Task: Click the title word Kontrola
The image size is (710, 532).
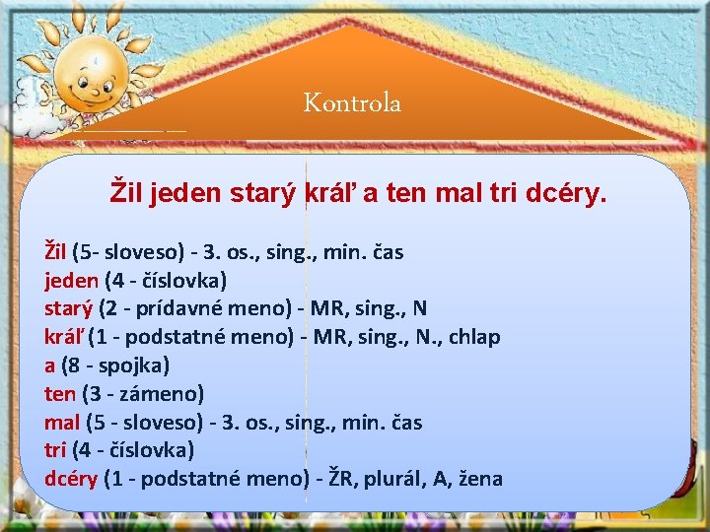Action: tap(352, 102)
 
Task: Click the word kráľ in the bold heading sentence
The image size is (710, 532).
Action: tap(333, 193)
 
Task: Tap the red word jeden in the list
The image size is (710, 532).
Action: tap(71, 280)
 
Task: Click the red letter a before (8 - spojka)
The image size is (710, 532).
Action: tap(50, 366)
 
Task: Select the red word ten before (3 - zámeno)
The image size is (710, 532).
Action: tap(60, 394)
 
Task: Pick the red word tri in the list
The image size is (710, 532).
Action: tap(55, 450)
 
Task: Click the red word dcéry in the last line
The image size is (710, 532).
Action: tap(71, 479)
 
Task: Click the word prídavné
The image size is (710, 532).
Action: tap(174, 308)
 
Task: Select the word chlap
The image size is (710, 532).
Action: tap(472, 337)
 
